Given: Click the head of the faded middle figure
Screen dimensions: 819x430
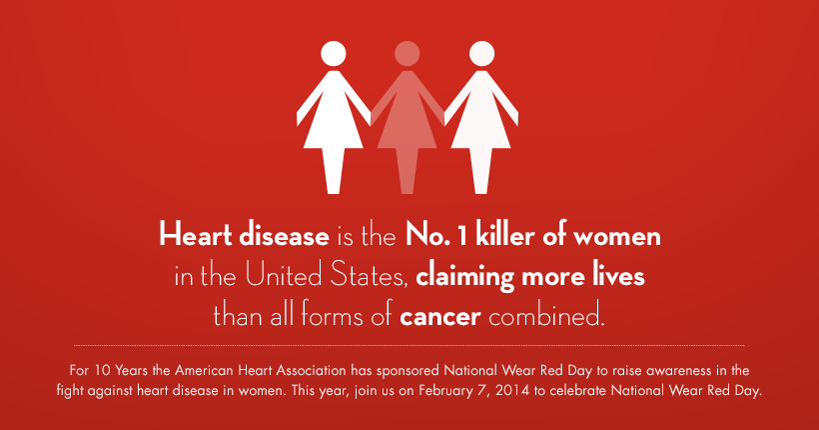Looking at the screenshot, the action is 407,54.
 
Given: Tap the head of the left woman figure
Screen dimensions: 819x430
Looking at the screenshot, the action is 334,54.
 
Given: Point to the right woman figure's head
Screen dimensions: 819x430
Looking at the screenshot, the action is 481,54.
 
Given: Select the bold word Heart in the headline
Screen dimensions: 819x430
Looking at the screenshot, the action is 196,235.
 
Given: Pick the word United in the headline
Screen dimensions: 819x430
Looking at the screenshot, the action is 284,275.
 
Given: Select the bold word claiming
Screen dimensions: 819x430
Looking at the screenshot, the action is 464,277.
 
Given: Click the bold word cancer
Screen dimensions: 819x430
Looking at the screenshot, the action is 439,317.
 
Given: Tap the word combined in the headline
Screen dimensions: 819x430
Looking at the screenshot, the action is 546,315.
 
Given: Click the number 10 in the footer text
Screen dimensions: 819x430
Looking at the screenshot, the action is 101,370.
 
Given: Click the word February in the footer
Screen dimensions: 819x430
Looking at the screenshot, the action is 443,390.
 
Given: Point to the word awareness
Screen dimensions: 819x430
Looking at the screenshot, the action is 679,371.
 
